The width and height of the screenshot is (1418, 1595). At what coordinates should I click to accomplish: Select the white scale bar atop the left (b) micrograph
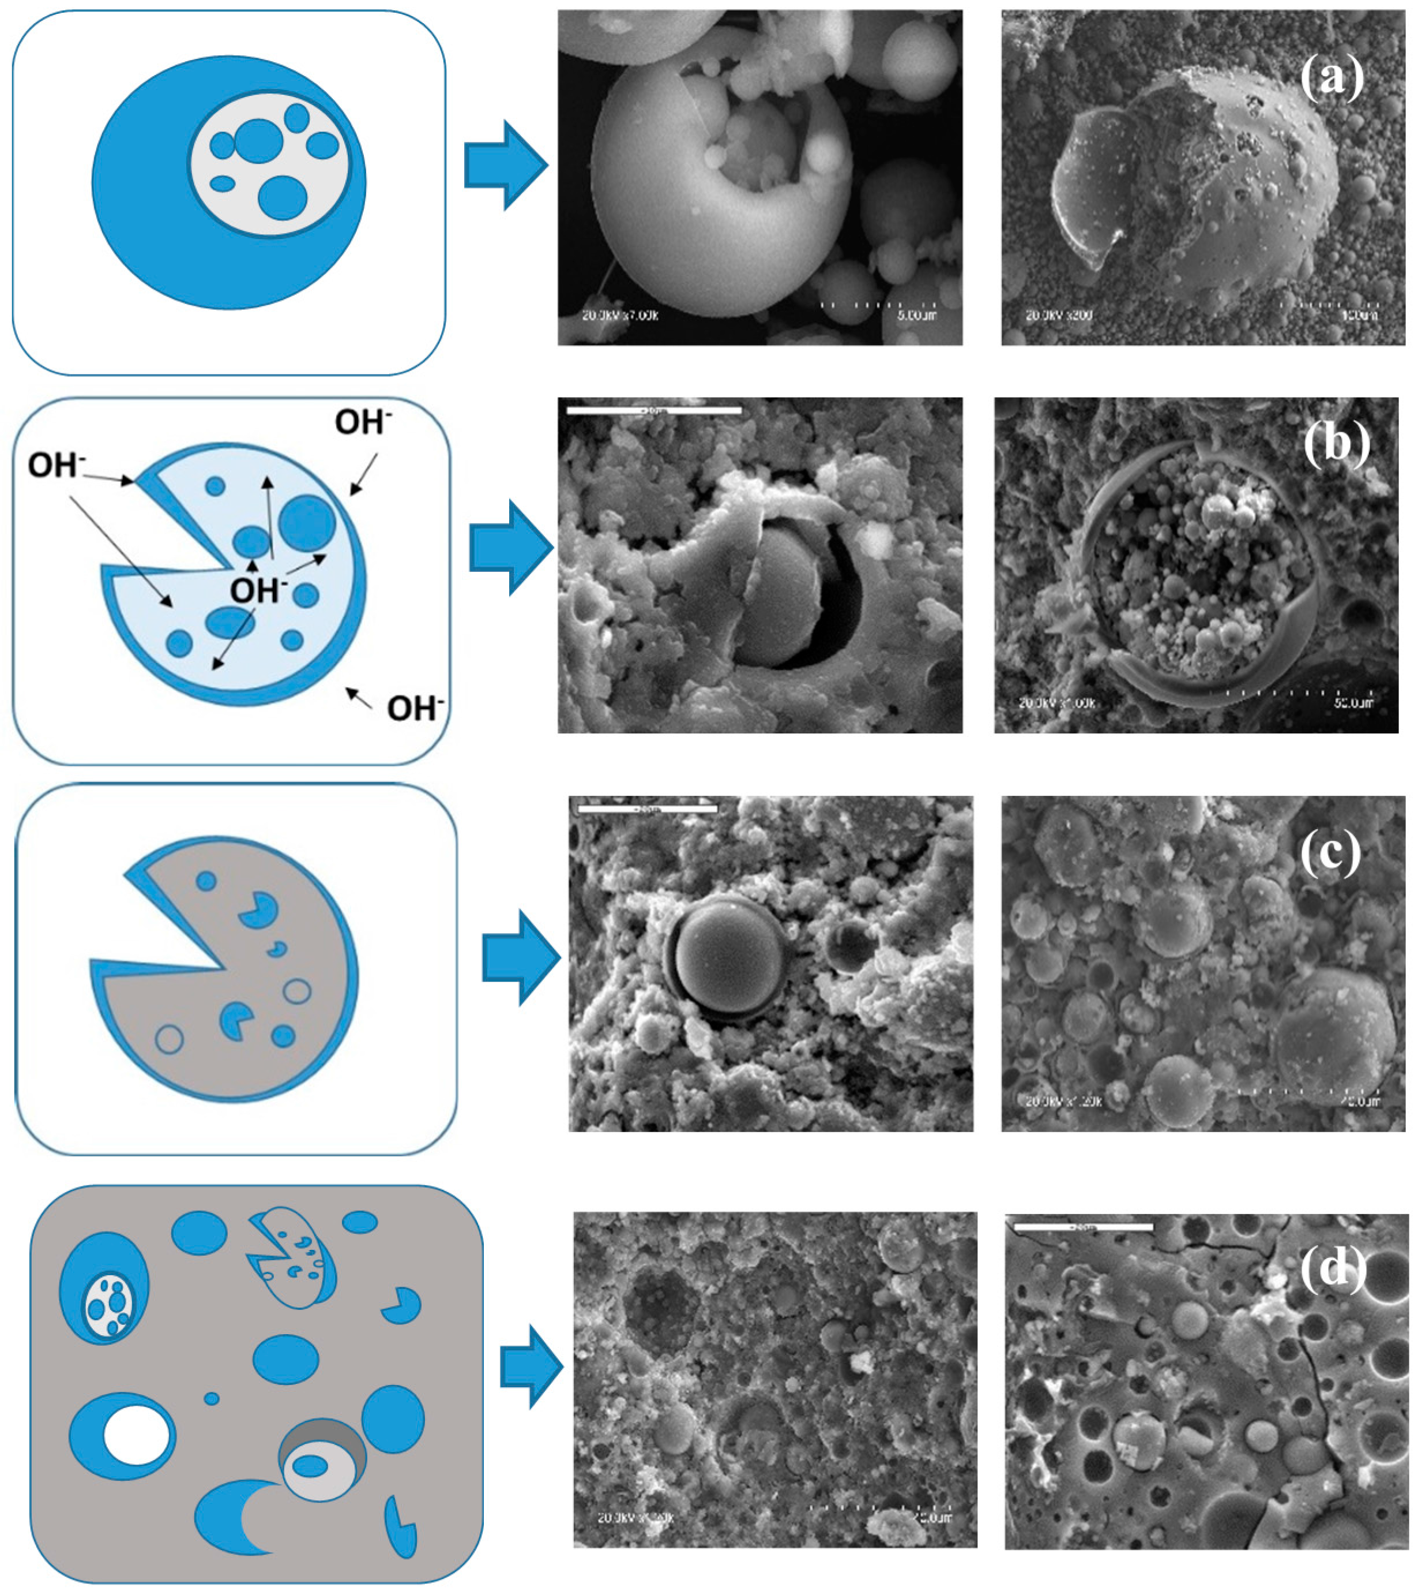(653, 410)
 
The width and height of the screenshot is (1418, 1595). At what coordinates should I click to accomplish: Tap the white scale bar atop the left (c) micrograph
(648, 809)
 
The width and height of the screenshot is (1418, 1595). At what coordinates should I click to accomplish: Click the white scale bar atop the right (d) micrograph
(1082, 1227)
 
